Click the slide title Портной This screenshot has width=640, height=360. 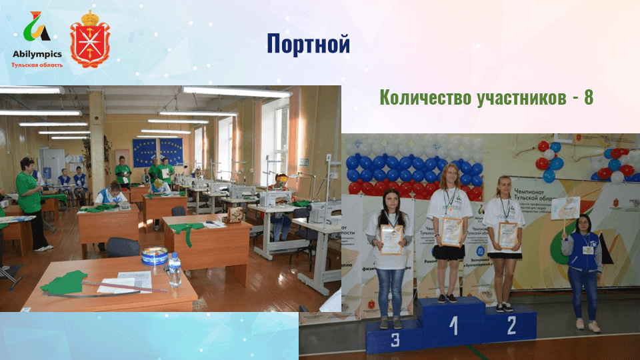(308, 44)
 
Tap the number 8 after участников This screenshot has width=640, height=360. (588, 97)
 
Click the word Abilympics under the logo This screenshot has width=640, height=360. (37, 54)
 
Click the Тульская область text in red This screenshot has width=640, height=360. (37, 65)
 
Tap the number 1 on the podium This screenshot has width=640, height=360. (454, 325)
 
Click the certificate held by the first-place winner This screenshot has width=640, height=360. (452, 231)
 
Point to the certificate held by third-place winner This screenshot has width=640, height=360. (391, 239)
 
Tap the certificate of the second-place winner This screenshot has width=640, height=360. (508, 235)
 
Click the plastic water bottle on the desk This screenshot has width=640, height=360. (175, 269)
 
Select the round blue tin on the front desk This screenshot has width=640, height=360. (154, 256)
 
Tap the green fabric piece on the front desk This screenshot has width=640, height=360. (64, 282)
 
